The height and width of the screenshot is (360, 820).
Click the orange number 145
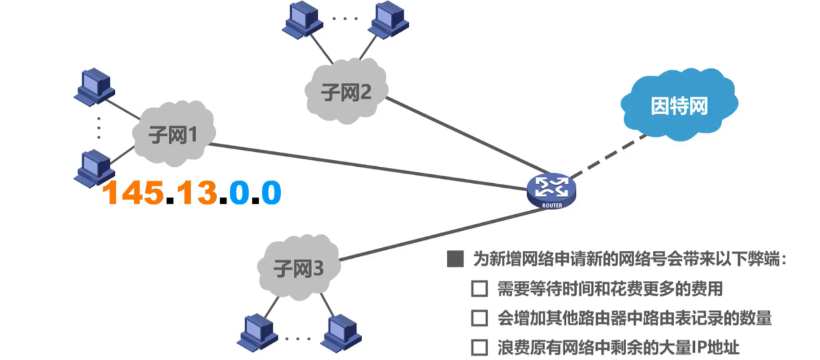tap(134, 193)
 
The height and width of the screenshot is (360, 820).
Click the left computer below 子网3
tap(257, 332)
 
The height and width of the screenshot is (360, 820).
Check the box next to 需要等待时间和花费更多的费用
tap(479, 289)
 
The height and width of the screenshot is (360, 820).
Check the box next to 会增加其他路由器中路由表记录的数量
tap(479, 318)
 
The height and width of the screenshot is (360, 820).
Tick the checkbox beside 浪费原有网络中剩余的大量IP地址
tap(479, 348)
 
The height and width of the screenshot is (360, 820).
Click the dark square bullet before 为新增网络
tap(455, 259)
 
